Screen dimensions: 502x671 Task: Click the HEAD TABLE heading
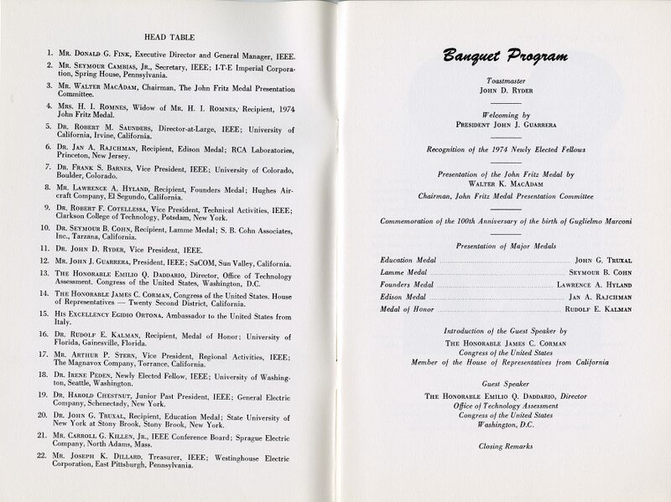(x=169, y=38)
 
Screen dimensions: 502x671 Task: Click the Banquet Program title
(x=507, y=57)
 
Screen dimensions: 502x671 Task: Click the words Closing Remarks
(x=507, y=447)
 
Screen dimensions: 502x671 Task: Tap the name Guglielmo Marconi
(x=601, y=220)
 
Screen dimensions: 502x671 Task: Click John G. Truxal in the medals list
(x=601, y=261)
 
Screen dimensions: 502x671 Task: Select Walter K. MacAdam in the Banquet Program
(x=507, y=184)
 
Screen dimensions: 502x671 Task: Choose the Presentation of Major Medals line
(x=507, y=246)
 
